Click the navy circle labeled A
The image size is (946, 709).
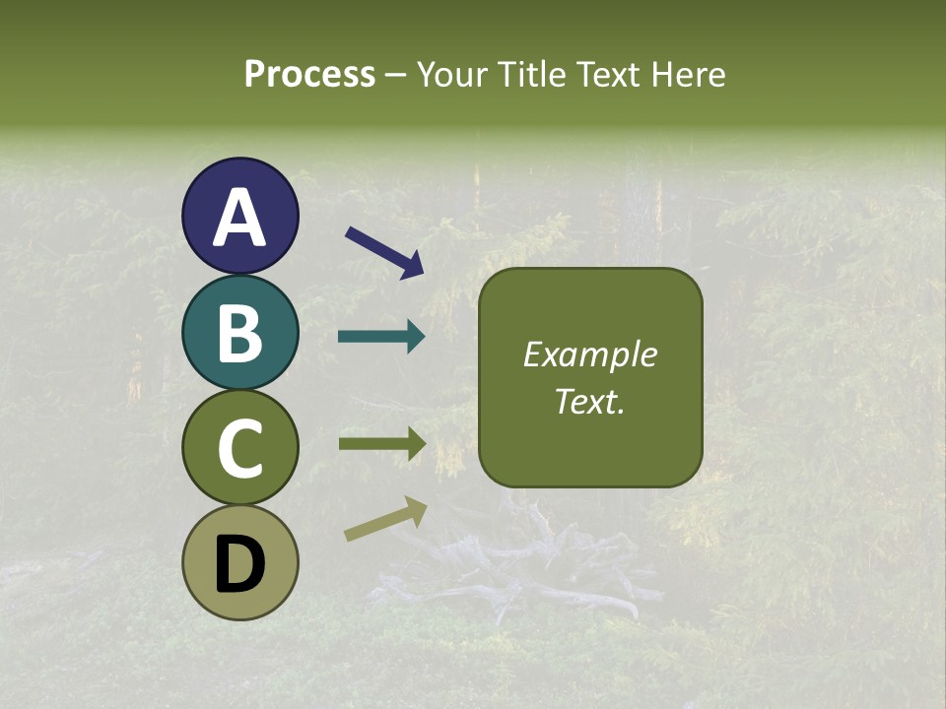click(x=239, y=216)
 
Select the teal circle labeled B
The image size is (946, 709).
click(x=239, y=332)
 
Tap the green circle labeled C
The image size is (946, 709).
click(x=239, y=447)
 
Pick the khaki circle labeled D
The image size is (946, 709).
click(x=239, y=562)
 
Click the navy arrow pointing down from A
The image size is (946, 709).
click(x=384, y=251)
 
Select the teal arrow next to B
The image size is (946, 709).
click(x=381, y=337)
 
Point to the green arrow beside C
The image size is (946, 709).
click(x=381, y=443)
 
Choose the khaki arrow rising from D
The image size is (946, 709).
click(x=385, y=519)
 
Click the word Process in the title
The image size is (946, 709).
click(x=309, y=75)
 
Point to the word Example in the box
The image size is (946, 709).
click(x=589, y=354)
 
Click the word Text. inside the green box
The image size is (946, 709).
click(x=589, y=401)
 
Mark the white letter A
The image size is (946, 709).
click(x=239, y=218)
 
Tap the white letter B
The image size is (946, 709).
click(x=239, y=333)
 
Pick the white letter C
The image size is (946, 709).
click(x=239, y=448)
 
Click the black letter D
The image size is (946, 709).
click(x=239, y=564)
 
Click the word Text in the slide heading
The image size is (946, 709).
click(x=607, y=75)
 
